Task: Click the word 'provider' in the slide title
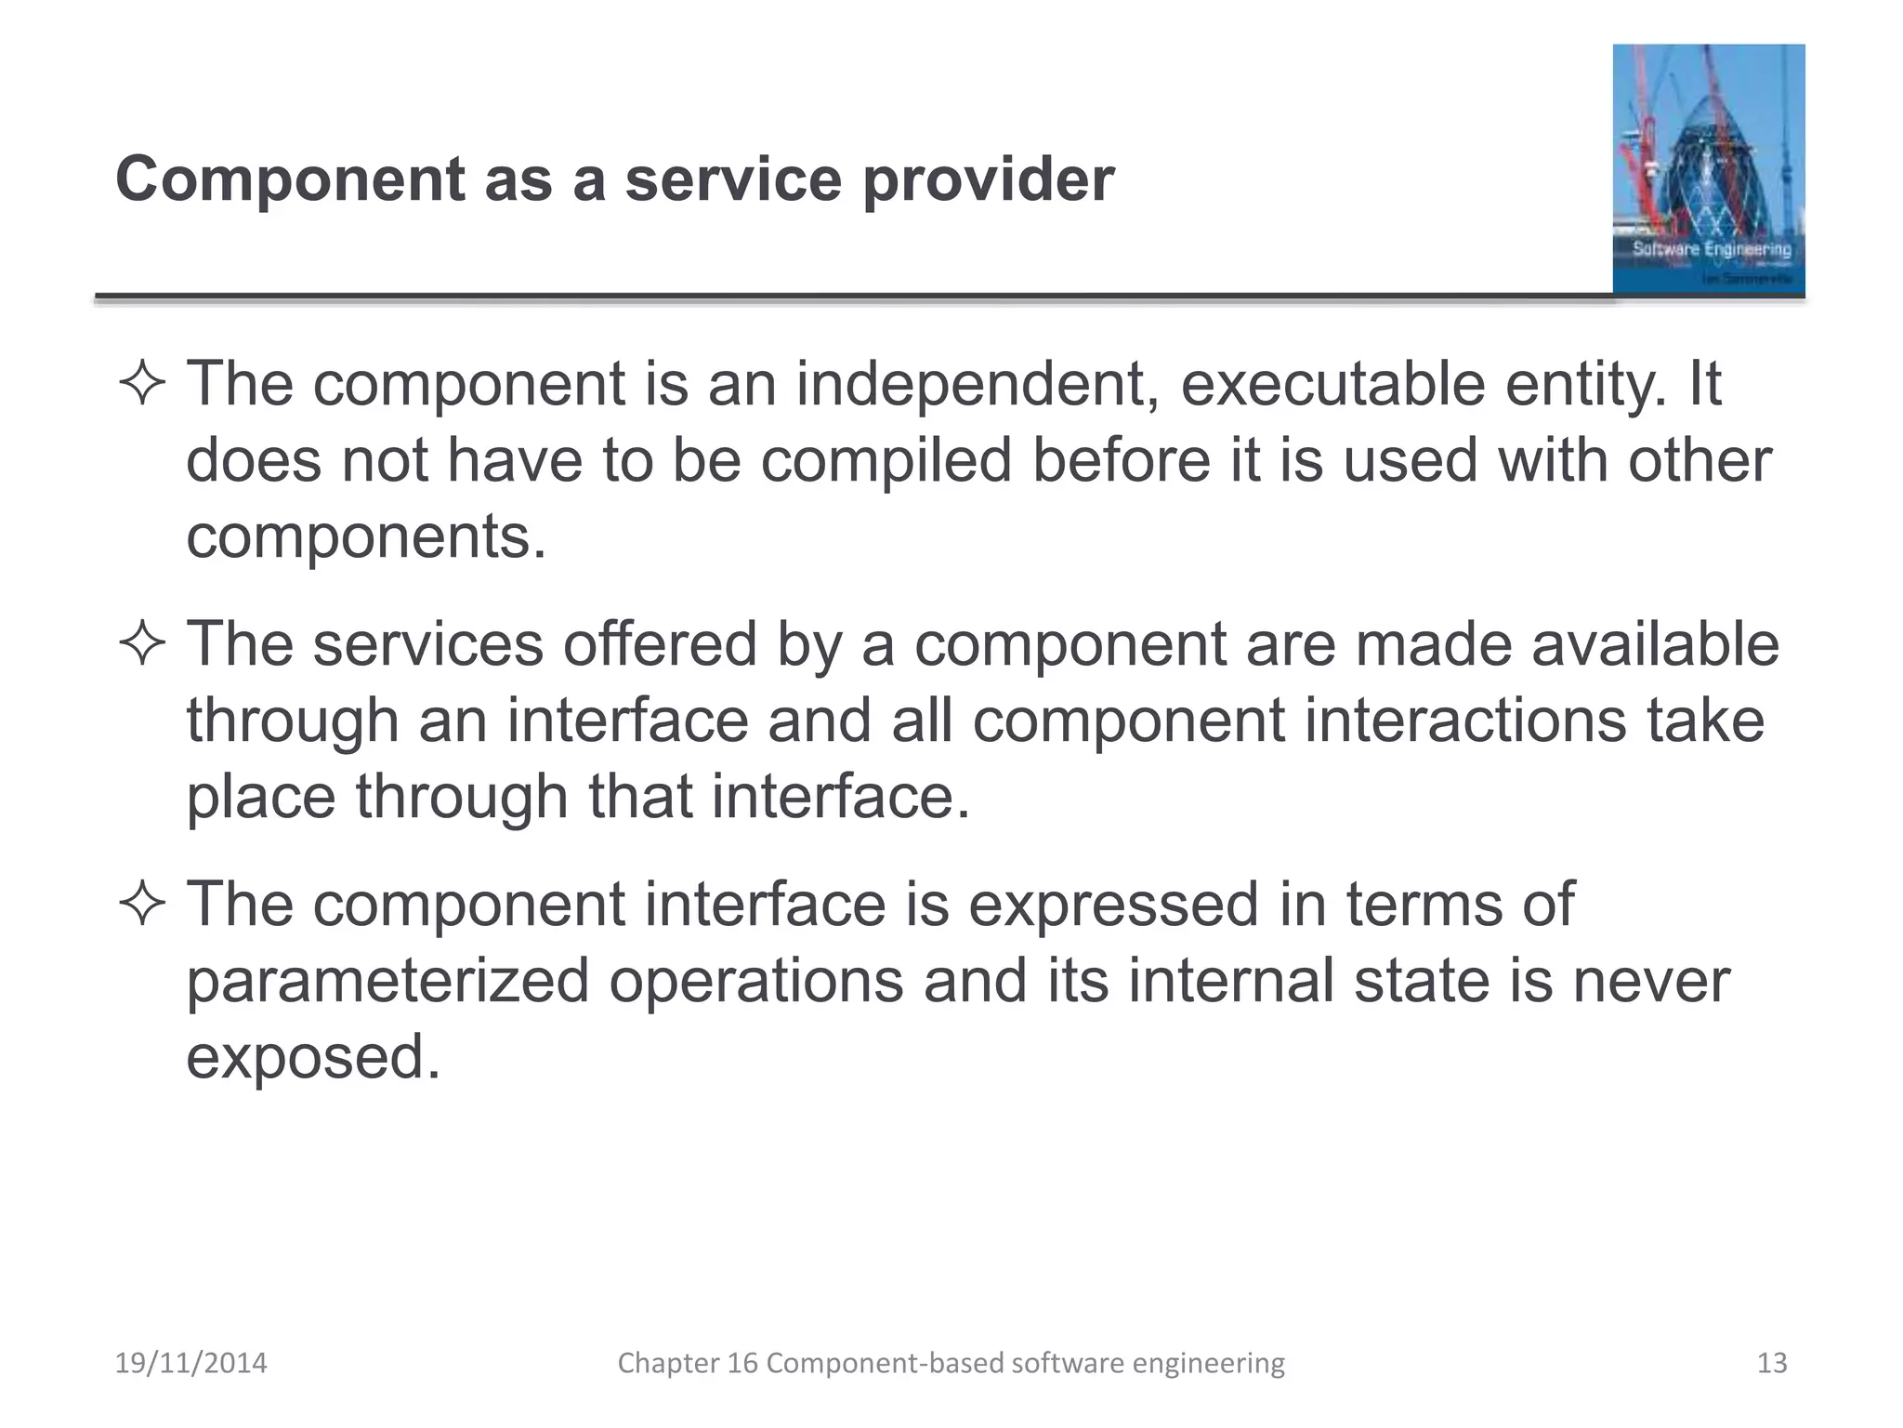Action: point(988,179)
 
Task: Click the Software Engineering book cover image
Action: point(1708,169)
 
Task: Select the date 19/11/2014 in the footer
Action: point(190,1363)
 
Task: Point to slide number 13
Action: point(1772,1363)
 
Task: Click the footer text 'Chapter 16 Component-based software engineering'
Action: point(951,1363)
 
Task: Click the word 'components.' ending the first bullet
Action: point(367,537)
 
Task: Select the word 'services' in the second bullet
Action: point(427,644)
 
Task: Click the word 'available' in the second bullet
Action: point(1655,644)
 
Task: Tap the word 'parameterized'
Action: point(387,981)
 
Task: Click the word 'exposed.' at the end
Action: point(313,1057)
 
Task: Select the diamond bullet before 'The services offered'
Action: point(142,643)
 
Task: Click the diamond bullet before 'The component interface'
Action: point(142,904)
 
